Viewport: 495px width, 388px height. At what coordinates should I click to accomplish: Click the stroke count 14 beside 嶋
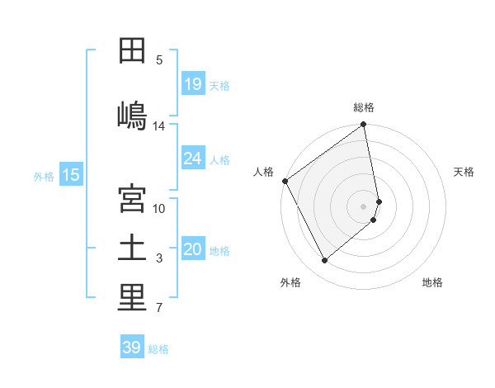pos(159,126)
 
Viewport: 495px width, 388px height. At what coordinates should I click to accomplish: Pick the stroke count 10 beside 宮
pos(159,208)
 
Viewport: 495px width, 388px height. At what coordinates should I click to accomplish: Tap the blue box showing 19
pos(193,84)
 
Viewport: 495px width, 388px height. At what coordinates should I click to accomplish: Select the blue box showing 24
pos(193,159)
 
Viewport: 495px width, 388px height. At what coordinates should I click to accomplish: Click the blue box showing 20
pos(193,250)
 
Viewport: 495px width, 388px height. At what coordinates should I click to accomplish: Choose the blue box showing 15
pos(71,175)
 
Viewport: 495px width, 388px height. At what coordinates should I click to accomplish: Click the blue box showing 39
pos(132,348)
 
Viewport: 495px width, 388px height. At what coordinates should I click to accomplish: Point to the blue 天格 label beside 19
pos(219,85)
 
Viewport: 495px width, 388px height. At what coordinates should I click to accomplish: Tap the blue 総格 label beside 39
pos(158,349)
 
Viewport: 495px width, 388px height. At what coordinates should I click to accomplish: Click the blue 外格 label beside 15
pos(44,176)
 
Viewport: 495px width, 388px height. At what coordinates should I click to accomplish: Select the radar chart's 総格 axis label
pos(364,107)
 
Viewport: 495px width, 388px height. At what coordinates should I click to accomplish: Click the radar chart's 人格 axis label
pos(263,172)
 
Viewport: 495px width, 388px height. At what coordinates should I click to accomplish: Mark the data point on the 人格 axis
pos(285,181)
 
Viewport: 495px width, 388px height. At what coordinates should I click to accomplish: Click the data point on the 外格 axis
pos(324,261)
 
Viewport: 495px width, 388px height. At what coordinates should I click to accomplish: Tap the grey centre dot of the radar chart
pos(364,206)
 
